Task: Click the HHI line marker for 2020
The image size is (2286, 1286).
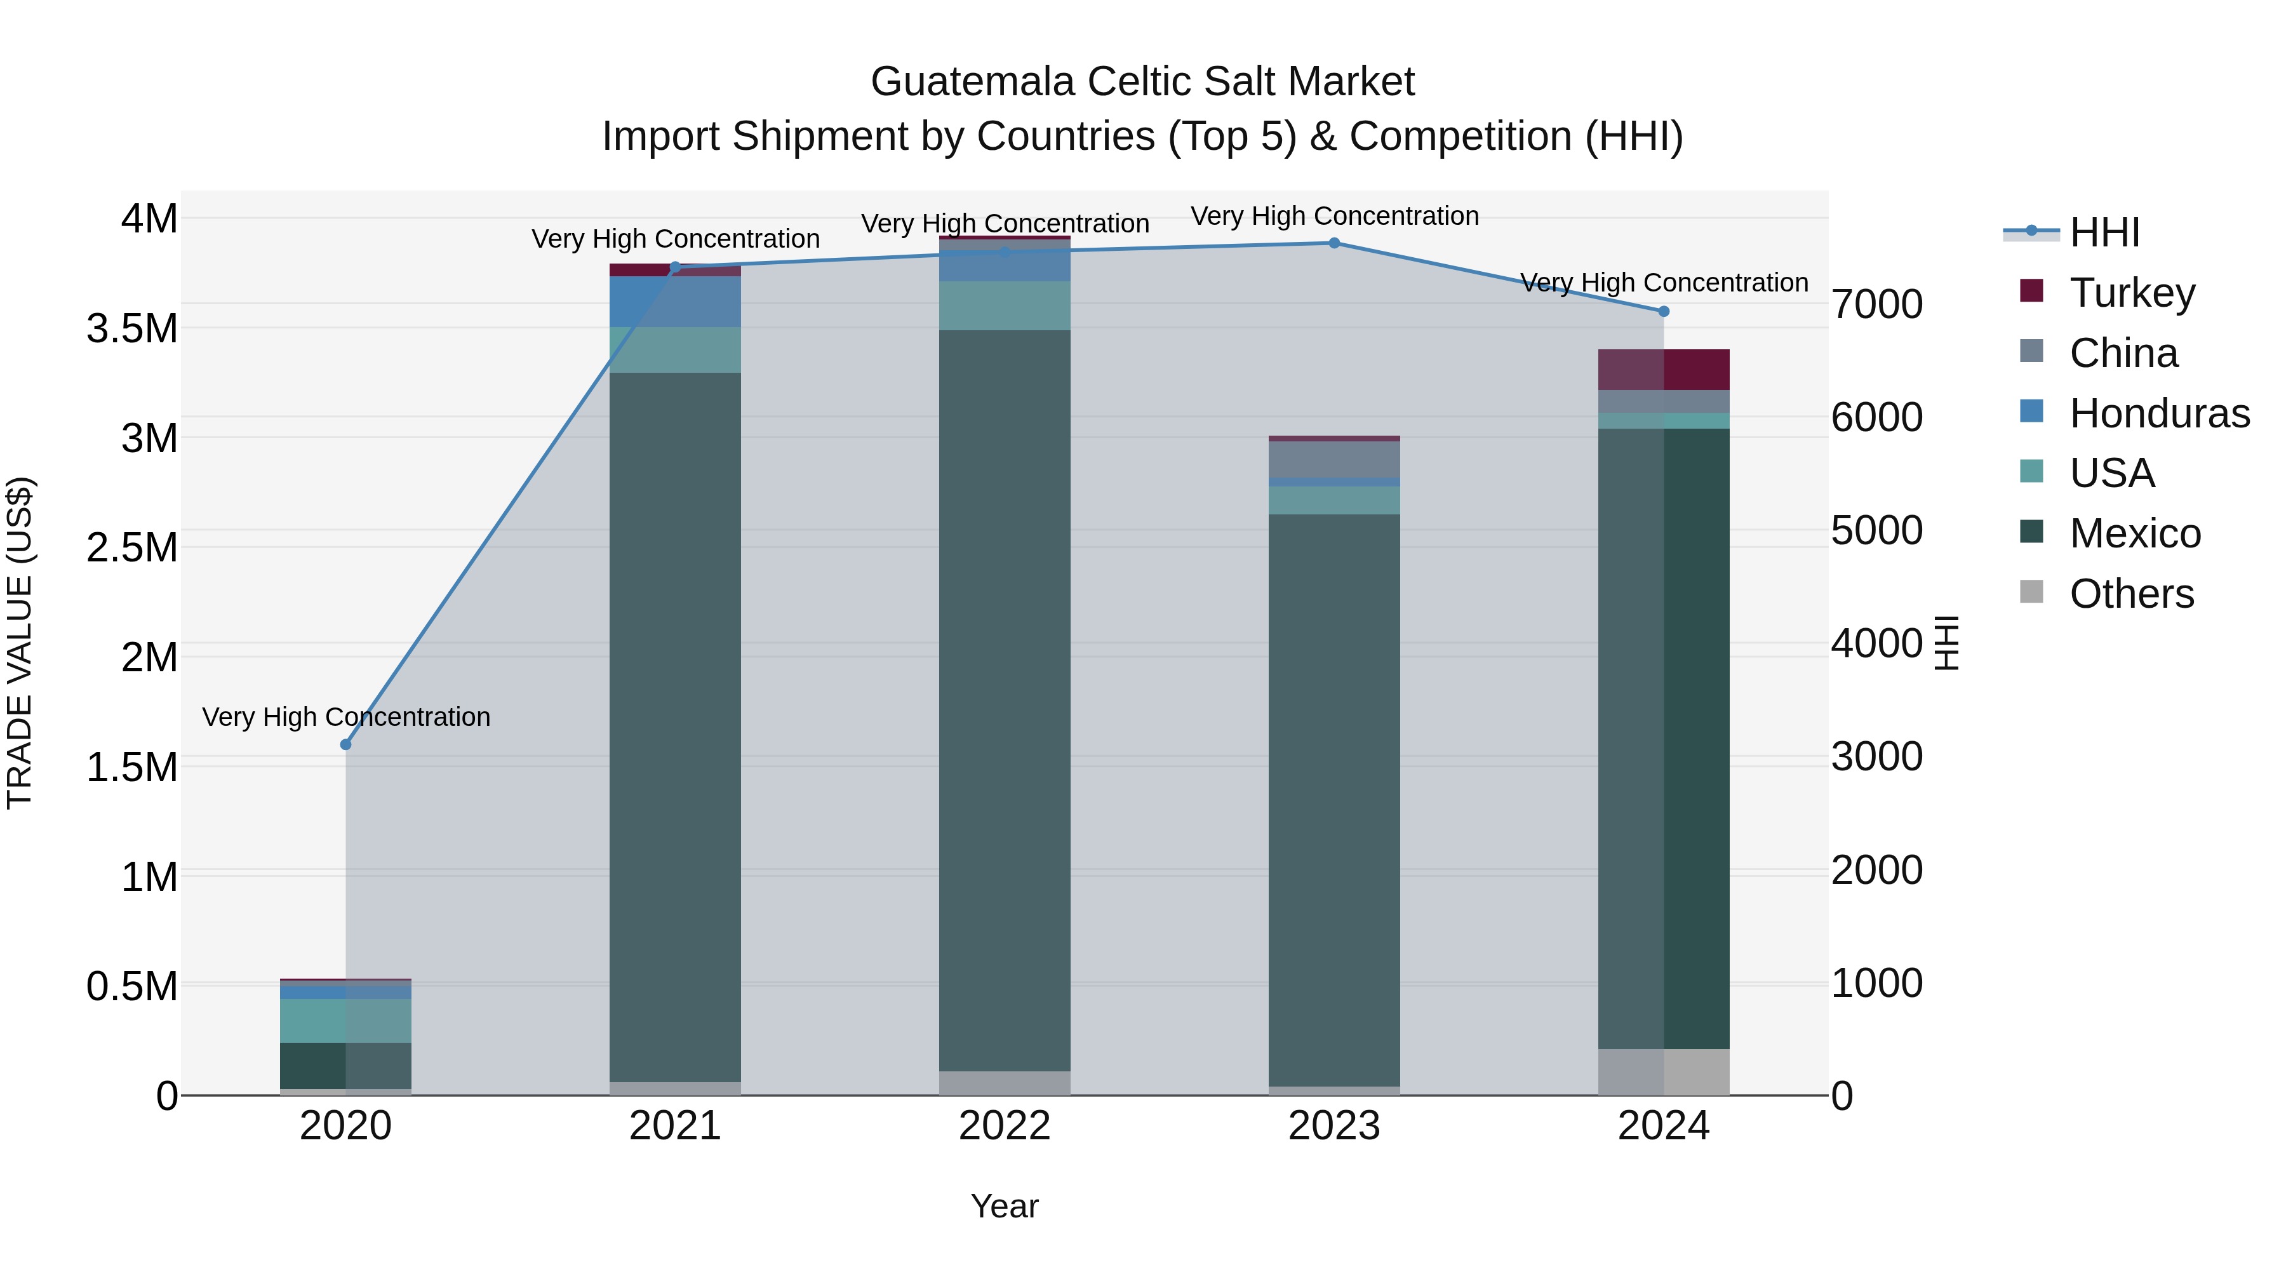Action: coord(346,745)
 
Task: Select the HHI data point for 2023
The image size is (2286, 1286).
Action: coord(1333,243)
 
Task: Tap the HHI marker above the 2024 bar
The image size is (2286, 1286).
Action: coord(1664,312)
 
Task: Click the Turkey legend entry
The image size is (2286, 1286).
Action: coord(2132,293)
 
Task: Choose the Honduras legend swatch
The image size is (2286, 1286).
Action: coord(2031,412)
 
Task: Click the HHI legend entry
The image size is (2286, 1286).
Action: coord(2104,232)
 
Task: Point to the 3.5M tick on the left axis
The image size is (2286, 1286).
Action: coord(131,328)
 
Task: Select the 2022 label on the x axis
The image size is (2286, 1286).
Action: coord(1005,1126)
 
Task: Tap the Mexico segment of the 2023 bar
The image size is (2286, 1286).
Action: coord(1333,799)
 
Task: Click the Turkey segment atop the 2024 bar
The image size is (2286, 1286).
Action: coord(1664,369)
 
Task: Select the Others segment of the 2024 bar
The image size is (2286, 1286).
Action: coord(1664,1072)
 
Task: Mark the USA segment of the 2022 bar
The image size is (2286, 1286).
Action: coord(1005,306)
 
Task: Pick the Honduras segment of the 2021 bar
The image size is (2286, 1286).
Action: coord(676,302)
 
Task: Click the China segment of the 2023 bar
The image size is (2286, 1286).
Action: coord(1333,460)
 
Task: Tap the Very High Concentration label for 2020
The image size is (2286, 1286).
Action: coord(346,717)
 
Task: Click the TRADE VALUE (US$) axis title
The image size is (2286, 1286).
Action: coord(20,643)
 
